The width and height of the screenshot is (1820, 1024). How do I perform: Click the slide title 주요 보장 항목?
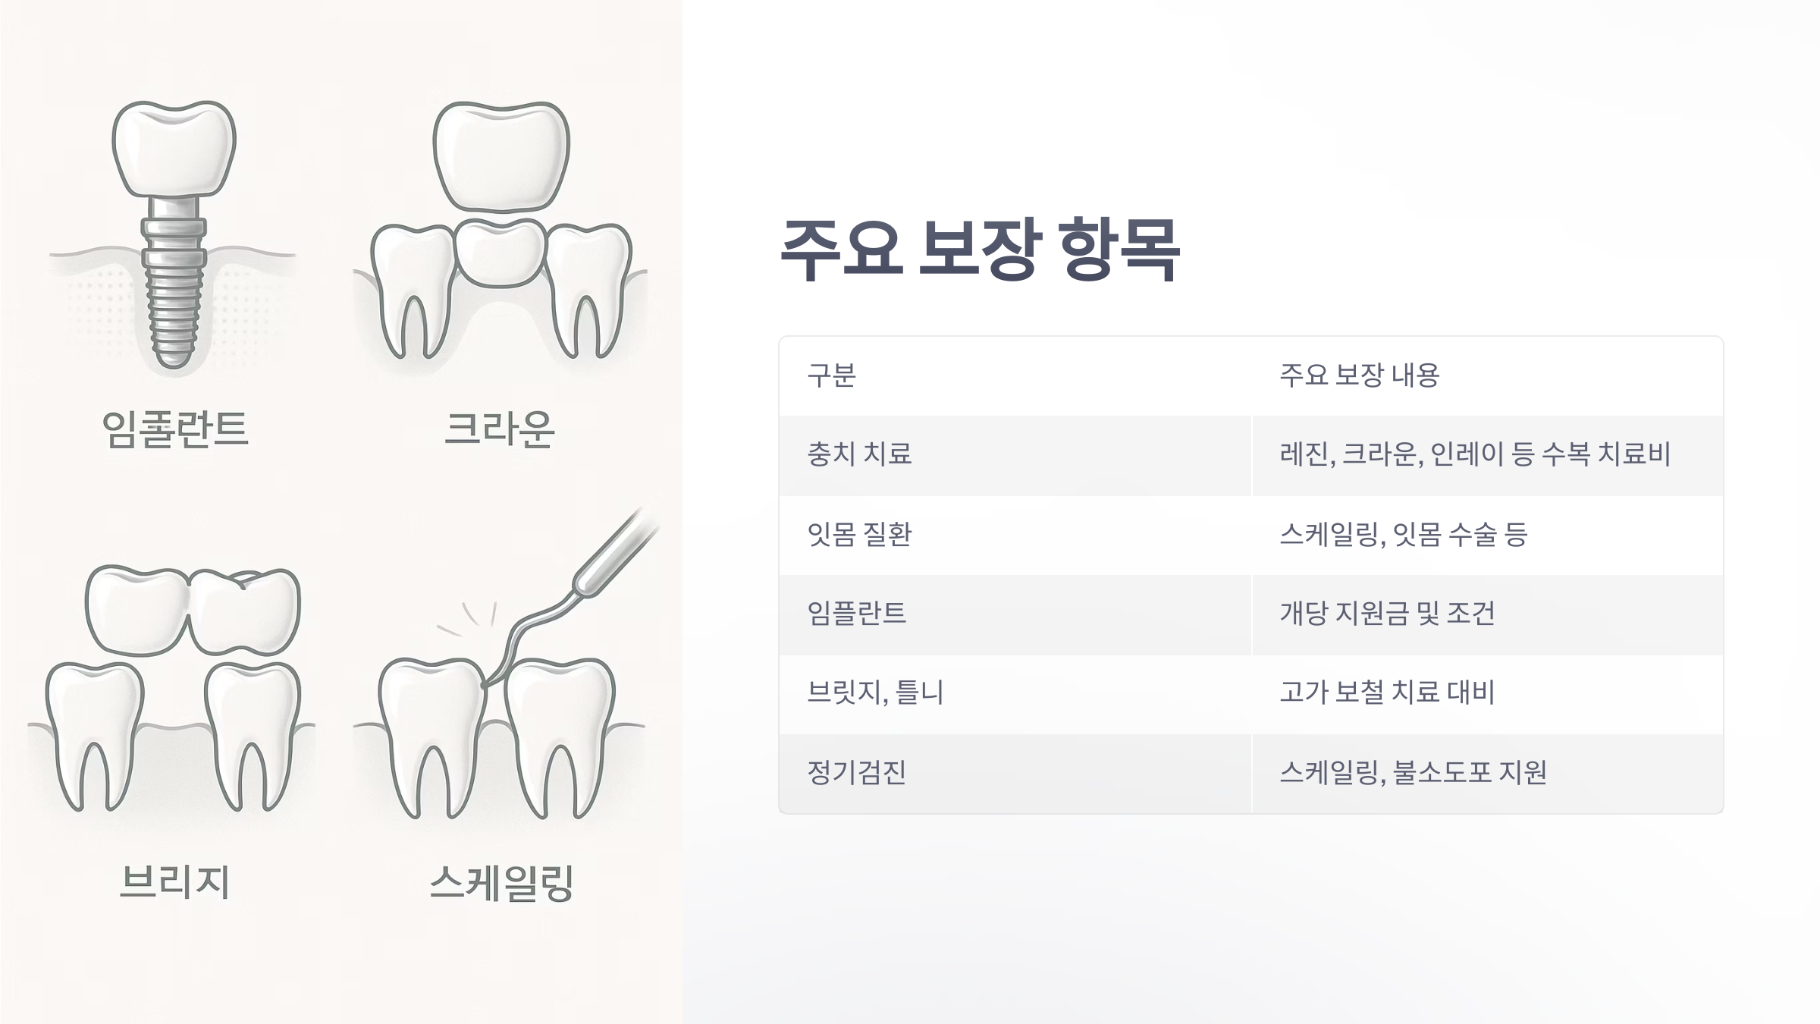[979, 249]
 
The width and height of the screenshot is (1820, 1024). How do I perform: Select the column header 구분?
[831, 375]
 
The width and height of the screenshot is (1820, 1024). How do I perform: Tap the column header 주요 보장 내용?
[1359, 375]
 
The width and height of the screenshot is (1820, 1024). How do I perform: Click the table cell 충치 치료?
[859, 454]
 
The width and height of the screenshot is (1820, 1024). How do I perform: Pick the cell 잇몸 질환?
[859, 535]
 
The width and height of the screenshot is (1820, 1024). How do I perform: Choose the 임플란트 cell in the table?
[856, 614]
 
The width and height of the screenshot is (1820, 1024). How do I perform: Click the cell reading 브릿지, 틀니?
[875, 693]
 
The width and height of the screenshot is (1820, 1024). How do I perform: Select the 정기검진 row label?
[856, 773]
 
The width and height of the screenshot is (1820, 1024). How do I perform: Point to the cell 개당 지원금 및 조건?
[1387, 614]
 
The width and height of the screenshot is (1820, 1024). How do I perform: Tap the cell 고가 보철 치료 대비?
[1387, 693]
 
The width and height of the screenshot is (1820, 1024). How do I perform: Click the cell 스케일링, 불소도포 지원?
[1413, 773]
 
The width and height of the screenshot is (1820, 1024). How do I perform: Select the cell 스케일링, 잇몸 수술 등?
[1403, 535]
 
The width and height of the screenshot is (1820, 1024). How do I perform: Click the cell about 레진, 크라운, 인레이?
[1475, 454]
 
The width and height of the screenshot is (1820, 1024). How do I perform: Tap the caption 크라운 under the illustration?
[499, 429]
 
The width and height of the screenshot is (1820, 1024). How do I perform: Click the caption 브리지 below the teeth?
[174, 882]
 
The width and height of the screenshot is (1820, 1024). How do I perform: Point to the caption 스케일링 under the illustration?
[500, 884]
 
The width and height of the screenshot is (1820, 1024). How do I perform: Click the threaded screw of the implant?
[174, 303]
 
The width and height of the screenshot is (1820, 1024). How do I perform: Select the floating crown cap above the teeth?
[500, 155]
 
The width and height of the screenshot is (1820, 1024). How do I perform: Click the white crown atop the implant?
[174, 148]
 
